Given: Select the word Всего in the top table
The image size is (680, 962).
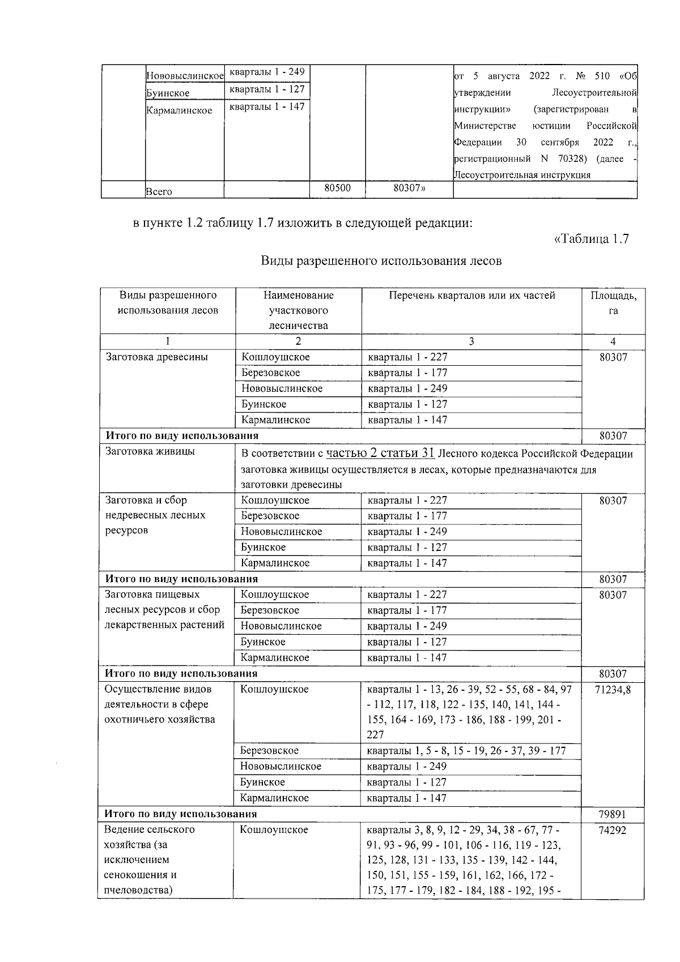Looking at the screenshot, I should click(159, 191).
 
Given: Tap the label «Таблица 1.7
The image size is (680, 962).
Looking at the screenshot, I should click(591, 239).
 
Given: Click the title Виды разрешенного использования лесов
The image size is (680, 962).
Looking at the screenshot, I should click(381, 261).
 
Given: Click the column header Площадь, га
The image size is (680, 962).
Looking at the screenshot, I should click(613, 303).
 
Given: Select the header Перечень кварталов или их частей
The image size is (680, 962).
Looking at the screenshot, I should click(471, 295).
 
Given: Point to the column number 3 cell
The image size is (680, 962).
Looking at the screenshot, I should click(471, 341).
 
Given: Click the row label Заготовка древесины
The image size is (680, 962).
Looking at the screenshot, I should click(157, 357).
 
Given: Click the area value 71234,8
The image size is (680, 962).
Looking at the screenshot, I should click(613, 689).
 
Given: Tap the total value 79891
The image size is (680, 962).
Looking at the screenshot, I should click(613, 814).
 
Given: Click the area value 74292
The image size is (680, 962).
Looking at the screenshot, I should click(613, 830).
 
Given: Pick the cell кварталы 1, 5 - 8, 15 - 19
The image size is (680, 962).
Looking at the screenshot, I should click(466, 751).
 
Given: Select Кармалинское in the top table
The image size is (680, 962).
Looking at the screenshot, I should click(179, 110).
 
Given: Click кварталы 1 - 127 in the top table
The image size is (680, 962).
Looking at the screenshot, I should click(266, 89).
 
